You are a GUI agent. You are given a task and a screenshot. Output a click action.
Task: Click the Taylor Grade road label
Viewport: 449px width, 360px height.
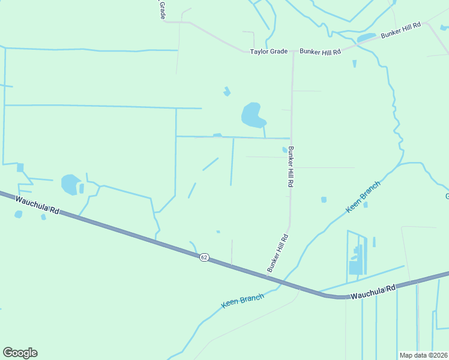click(270, 52)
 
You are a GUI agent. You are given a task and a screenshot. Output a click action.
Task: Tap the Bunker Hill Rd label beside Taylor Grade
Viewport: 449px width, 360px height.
click(321, 52)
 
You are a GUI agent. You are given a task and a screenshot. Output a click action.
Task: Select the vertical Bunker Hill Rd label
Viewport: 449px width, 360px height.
click(291, 167)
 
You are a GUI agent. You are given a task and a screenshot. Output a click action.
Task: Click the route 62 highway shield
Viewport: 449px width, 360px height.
click(204, 257)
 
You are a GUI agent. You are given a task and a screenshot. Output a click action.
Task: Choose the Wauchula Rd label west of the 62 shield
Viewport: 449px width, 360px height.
click(38, 205)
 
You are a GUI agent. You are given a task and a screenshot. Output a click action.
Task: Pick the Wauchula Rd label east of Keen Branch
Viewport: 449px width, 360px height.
click(373, 292)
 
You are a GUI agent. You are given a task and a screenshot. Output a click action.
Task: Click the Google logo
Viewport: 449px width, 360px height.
click(20, 353)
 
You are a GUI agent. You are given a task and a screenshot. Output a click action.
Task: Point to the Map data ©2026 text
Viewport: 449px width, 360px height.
click(423, 355)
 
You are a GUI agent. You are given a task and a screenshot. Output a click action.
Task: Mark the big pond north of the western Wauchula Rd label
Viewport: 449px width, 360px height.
click(70, 184)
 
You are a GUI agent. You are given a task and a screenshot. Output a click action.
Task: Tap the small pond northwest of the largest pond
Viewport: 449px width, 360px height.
click(227, 92)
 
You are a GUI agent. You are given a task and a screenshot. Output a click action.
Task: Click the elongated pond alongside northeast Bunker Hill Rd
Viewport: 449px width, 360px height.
click(366, 38)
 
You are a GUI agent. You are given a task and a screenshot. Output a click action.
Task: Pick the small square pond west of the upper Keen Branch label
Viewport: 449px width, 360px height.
click(324, 200)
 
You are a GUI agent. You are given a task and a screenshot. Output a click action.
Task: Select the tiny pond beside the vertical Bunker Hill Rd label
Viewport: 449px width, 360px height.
click(285, 150)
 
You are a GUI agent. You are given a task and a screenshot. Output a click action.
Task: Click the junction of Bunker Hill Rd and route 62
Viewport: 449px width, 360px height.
click(267, 275)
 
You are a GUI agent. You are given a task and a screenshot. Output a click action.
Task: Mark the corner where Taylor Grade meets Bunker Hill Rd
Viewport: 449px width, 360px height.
click(293, 52)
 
